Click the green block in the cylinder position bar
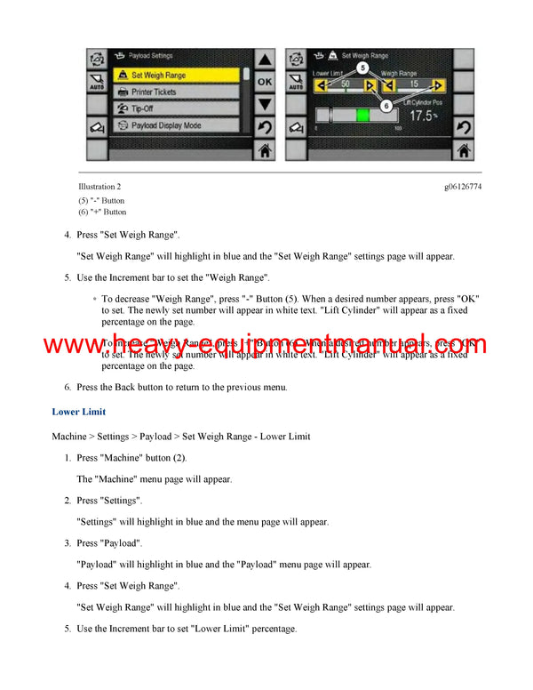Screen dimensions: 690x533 point(362,116)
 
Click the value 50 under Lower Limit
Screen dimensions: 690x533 point(345,85)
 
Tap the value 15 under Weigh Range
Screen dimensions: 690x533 point(411,85)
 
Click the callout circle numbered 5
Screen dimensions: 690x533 point(362,67)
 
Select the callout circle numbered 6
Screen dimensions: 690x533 point(386,105)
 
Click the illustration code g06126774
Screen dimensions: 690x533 point(464,187)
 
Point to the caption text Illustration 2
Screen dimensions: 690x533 point(99,187)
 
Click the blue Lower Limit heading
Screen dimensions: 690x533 point(79,412)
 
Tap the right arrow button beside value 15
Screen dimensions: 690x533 point(437,85)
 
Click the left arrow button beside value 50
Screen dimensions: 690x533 point(320,85)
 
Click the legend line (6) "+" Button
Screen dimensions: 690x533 point(102,213)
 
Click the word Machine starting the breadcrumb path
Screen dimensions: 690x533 point(69,437)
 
